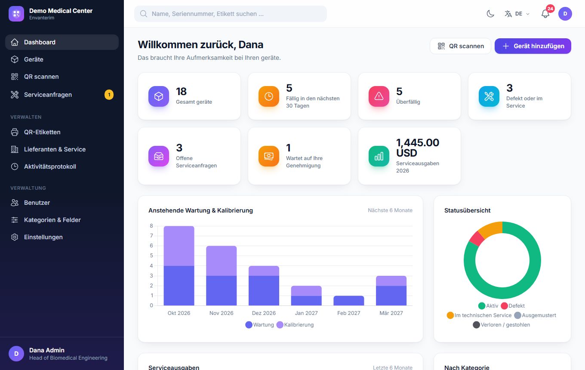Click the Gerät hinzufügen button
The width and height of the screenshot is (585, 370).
(x=533, y=46)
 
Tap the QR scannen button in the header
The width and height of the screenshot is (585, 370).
(x=460, y=46)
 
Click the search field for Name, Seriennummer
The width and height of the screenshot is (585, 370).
(x=231, y=14)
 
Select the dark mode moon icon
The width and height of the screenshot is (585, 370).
(x=490, y=14)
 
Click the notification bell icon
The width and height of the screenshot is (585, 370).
(x=545, y=14)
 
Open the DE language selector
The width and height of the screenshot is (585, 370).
(x=517, y=14)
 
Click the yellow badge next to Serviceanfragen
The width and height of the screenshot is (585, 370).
(x=109, y=95)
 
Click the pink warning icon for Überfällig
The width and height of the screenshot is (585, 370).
(x=379, y=96)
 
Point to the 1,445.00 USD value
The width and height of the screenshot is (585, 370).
(x=418, y=148)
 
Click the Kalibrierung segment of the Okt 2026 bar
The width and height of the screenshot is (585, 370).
(x=179, y=246)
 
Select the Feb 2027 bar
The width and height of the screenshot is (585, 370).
(x=349, y=300)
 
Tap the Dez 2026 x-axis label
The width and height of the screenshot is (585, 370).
(x=264, y=313)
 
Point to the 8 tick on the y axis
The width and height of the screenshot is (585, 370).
(x=151, y=226)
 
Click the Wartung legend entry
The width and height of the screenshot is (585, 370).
(x=260, y=325)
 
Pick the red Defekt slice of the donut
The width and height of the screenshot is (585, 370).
(x=477, y=238)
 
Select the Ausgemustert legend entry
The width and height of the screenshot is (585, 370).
(x=535, y=315)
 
